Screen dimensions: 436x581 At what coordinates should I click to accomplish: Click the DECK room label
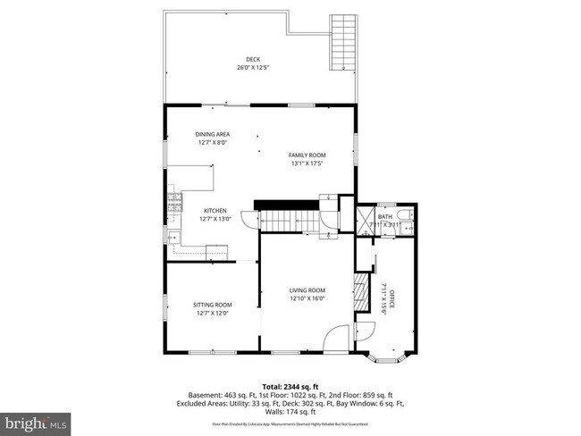tap(255, 60)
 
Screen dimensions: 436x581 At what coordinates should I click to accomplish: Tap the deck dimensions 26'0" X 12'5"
tap(255, 68)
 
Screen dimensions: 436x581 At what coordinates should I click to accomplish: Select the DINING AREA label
tap(213, 134)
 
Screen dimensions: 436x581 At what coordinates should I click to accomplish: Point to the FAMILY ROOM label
tap(307, 155)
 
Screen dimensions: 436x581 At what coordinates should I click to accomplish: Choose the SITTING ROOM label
tap(213, 306)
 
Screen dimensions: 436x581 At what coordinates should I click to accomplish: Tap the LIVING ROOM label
tap(307, 290)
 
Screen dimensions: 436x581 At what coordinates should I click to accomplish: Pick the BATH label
tap(385, 216)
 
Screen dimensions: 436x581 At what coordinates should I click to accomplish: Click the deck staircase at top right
tap(342, 43)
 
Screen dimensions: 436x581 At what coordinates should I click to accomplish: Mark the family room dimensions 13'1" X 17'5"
tap(307, 163)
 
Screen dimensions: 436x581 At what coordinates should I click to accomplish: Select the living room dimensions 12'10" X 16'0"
tap(307, 298)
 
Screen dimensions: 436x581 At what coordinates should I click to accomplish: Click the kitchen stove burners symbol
tap(174, 205)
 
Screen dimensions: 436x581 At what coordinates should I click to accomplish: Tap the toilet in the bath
tap(407, 216)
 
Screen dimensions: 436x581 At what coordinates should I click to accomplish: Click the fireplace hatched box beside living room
tap(360, 291)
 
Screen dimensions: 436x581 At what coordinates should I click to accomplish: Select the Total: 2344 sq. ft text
tap(290, 386)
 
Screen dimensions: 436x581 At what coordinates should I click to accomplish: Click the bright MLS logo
tap(36, 419)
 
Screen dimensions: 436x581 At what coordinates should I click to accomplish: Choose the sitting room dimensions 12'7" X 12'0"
tap(213, 314)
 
